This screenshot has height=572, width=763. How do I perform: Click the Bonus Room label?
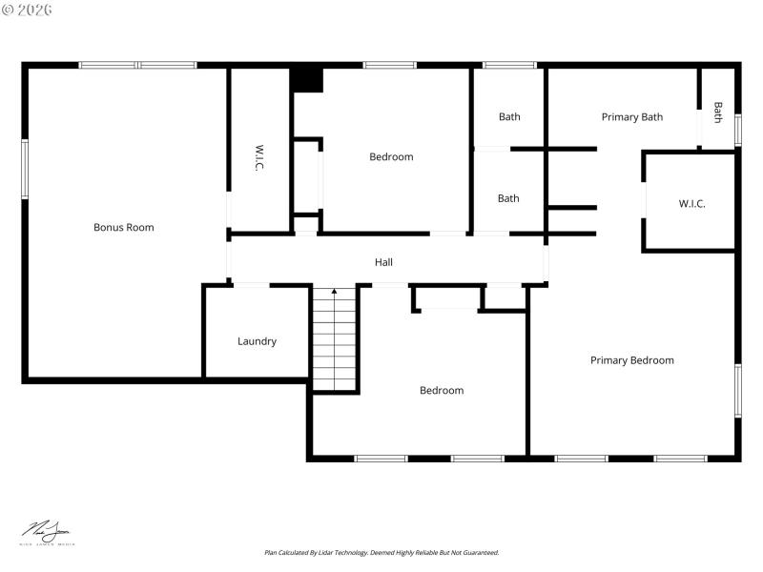tap(123, 227)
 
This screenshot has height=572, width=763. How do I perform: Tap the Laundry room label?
tap(257, 341)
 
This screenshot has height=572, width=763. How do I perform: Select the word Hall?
tap(383, 262)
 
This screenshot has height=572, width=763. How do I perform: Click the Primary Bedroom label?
tap(631, 360)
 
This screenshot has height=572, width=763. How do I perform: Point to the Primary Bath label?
tap(631, 117)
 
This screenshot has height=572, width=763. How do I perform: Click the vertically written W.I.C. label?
tap(258, 158)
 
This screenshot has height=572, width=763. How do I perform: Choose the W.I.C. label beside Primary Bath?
tap(691, 203)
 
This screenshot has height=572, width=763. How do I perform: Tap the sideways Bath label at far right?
tap(717, 112)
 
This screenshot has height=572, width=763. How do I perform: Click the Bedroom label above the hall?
tap(391, 157)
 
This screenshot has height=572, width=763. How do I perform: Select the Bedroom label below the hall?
tap(442, 390)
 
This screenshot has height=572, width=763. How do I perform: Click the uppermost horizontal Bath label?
tap(509, 117)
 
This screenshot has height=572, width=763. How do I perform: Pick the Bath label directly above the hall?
tap(508, 198)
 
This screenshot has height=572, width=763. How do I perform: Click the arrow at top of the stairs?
tap(334, 292)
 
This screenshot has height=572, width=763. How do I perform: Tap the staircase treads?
tap(334, 343)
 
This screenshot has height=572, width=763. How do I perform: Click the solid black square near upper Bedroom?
tap(307, 79)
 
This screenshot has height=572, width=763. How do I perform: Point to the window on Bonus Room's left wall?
tap(25, 169)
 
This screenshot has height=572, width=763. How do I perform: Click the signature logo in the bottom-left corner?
tap(48, 533)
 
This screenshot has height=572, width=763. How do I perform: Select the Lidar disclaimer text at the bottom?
tap(381, 552)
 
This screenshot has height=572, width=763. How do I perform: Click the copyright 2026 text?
tap(28, 10)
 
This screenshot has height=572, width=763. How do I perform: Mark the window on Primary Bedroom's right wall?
tap(737, 391)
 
